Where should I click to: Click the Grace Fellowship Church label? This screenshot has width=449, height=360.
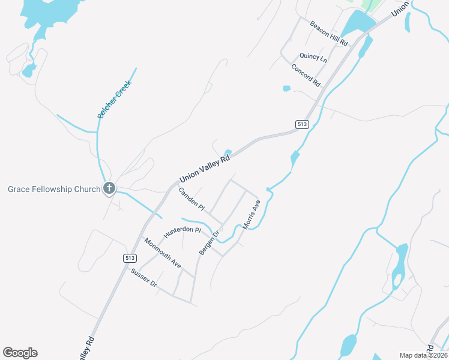(54, 190)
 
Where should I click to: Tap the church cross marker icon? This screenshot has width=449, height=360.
(109, 189)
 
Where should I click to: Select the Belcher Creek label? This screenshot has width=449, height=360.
(114, 99)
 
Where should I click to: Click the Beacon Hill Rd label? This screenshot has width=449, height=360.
(329, 34)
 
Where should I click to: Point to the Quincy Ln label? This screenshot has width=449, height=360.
(313, 58)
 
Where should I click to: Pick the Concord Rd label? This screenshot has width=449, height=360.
(306, 76)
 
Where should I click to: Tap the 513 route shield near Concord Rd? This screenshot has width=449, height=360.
(302, 124)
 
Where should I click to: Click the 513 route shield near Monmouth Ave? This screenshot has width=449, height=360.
(130, 257)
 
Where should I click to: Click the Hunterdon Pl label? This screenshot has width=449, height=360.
(182, 229)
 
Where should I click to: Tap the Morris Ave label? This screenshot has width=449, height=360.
(251, 215)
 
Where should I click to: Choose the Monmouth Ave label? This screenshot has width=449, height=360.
(162, 252)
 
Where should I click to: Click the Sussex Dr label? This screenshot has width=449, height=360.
(143, 277)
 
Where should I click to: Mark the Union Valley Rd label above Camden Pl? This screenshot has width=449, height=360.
(205, 169)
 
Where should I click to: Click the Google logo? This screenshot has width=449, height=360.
(20, 353)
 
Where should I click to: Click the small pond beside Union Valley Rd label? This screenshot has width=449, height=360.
(228, 152)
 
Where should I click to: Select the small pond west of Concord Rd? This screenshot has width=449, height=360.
(286, 89)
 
